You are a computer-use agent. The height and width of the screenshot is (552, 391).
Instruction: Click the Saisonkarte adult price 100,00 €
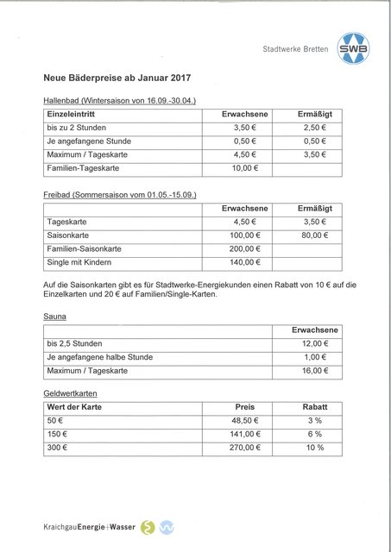(245, 235)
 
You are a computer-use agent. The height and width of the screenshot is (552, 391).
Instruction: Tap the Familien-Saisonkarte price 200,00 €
(245, 248)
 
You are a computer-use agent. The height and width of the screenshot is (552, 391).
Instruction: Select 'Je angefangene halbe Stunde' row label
(99, 356)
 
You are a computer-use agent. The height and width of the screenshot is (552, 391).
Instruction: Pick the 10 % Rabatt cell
(314, 448)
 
